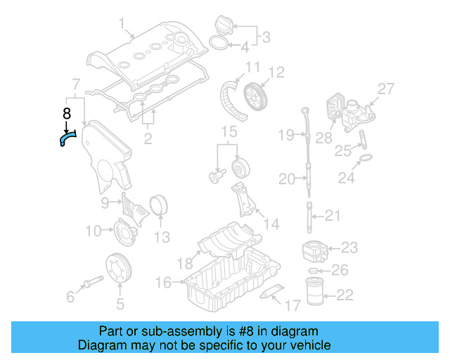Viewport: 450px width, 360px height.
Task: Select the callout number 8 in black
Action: pos(67,114)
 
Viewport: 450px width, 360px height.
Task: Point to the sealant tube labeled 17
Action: pos(273,292)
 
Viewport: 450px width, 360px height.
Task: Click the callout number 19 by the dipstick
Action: pos(285,134)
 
